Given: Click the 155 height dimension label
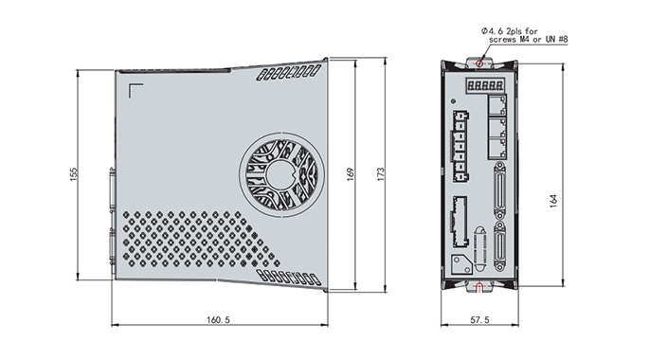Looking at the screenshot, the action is coord(73,173).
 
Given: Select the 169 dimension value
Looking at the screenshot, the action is coord(351,173).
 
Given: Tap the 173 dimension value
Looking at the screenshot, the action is coord(380,173).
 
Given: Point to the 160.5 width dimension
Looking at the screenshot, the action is coord(218,320).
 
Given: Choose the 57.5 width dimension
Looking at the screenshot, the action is coord(479,320).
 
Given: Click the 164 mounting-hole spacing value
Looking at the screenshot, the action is coord(553,201).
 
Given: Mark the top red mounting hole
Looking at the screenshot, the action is coord(479,63).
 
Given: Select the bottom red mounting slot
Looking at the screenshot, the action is coord(479,286).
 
